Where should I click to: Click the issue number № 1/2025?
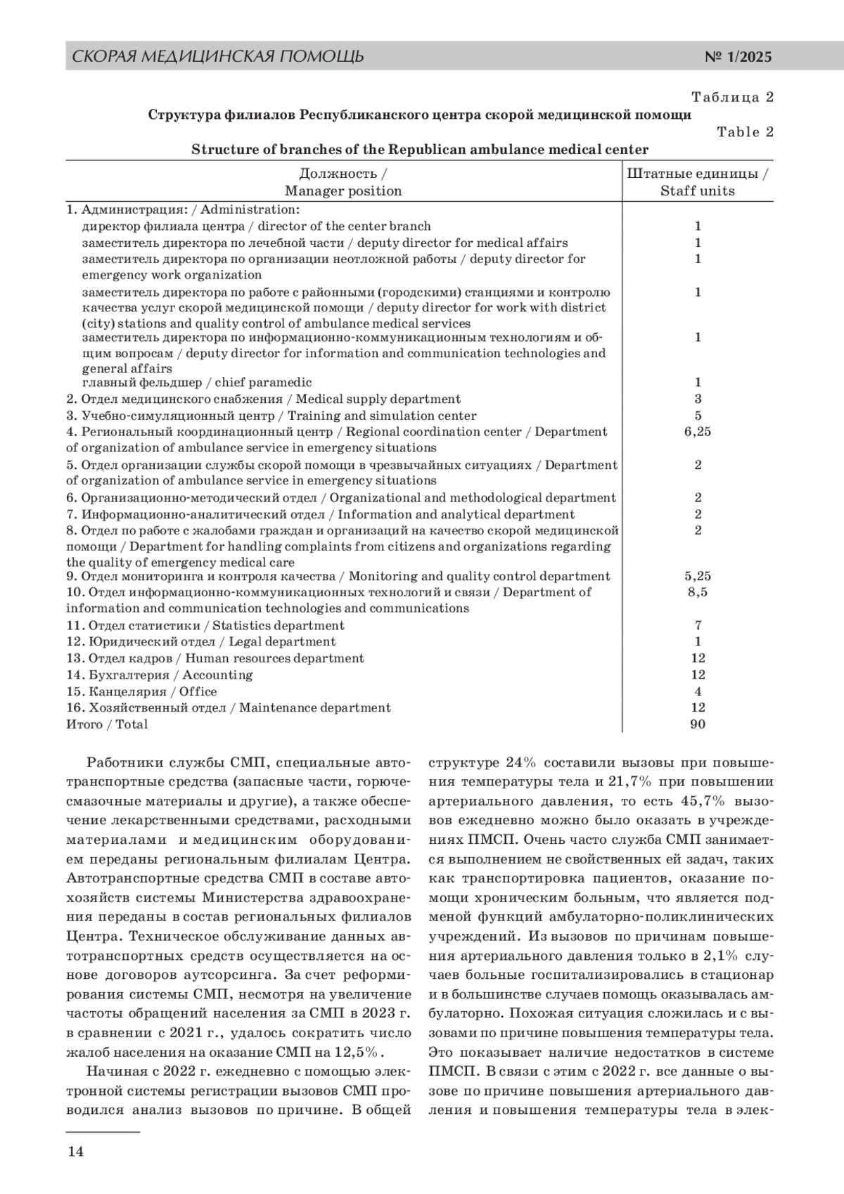coord(738,57)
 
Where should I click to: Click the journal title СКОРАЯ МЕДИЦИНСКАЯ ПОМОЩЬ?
coord(219,56)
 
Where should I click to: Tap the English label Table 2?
coord(745,132)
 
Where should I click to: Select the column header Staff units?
coord(697,191)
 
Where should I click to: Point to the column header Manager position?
coord(343,191)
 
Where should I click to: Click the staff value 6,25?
coord(697,432)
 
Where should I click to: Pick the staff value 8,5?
coord(697,592)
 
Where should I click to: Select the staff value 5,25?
coord(697,577)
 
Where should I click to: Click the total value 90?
coord(697,724)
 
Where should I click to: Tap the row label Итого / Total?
coord(107,724)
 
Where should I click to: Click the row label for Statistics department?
coord(205,626)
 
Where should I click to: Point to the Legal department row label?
coord(201,642)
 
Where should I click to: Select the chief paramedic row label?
coord(197,383)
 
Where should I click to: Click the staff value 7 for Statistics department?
coord(697,626)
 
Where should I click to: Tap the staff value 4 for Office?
coord(697,692)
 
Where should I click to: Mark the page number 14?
coord(75,1151)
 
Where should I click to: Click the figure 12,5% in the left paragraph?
coord(359,1053)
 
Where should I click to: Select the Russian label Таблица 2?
coord(732,97)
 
